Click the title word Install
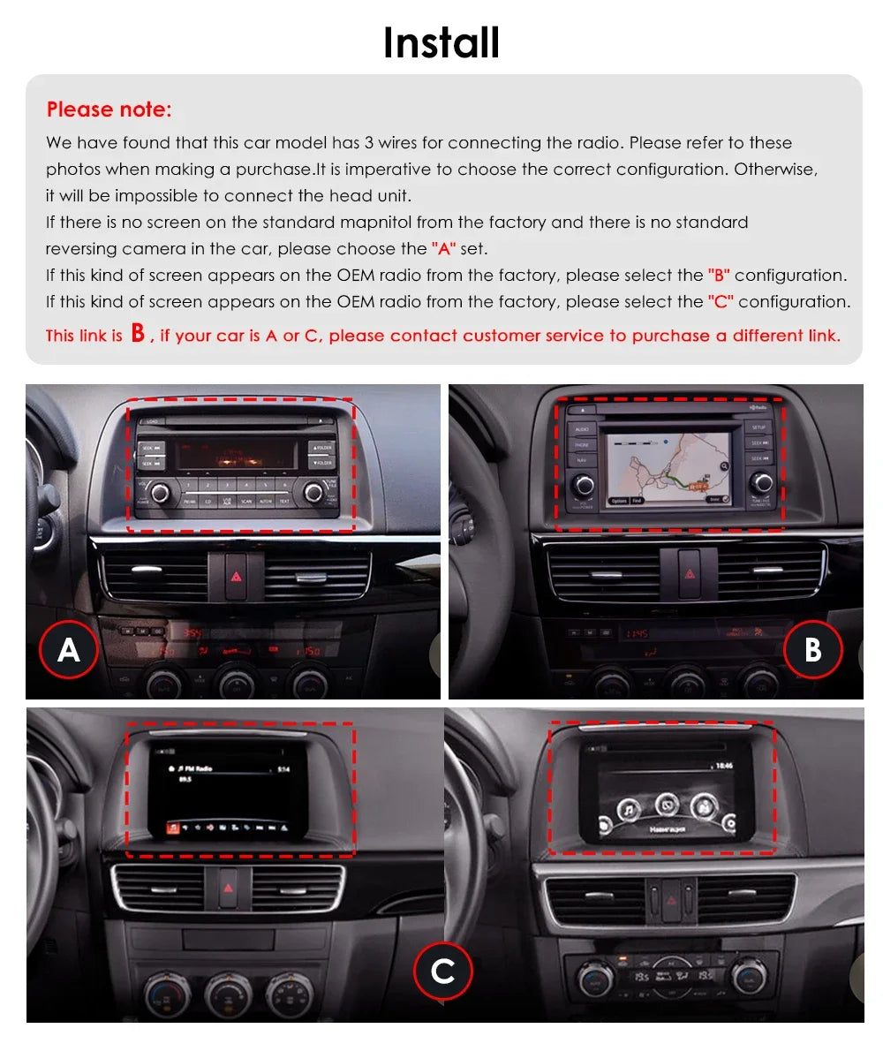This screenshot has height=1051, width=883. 441,42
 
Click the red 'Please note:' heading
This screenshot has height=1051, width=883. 109,110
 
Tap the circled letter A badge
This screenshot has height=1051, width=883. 69,650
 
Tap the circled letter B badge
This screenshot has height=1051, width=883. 812,650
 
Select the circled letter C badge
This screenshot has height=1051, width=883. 442,972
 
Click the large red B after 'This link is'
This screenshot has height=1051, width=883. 138,333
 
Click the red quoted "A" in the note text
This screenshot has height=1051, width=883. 443,249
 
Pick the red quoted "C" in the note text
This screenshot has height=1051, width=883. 721,302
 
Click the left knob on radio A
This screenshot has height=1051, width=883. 160,492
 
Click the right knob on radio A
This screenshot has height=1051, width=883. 313,492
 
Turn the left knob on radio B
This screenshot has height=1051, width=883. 583,483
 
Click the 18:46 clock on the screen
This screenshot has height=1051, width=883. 724,765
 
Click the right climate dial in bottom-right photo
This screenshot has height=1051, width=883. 748,977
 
